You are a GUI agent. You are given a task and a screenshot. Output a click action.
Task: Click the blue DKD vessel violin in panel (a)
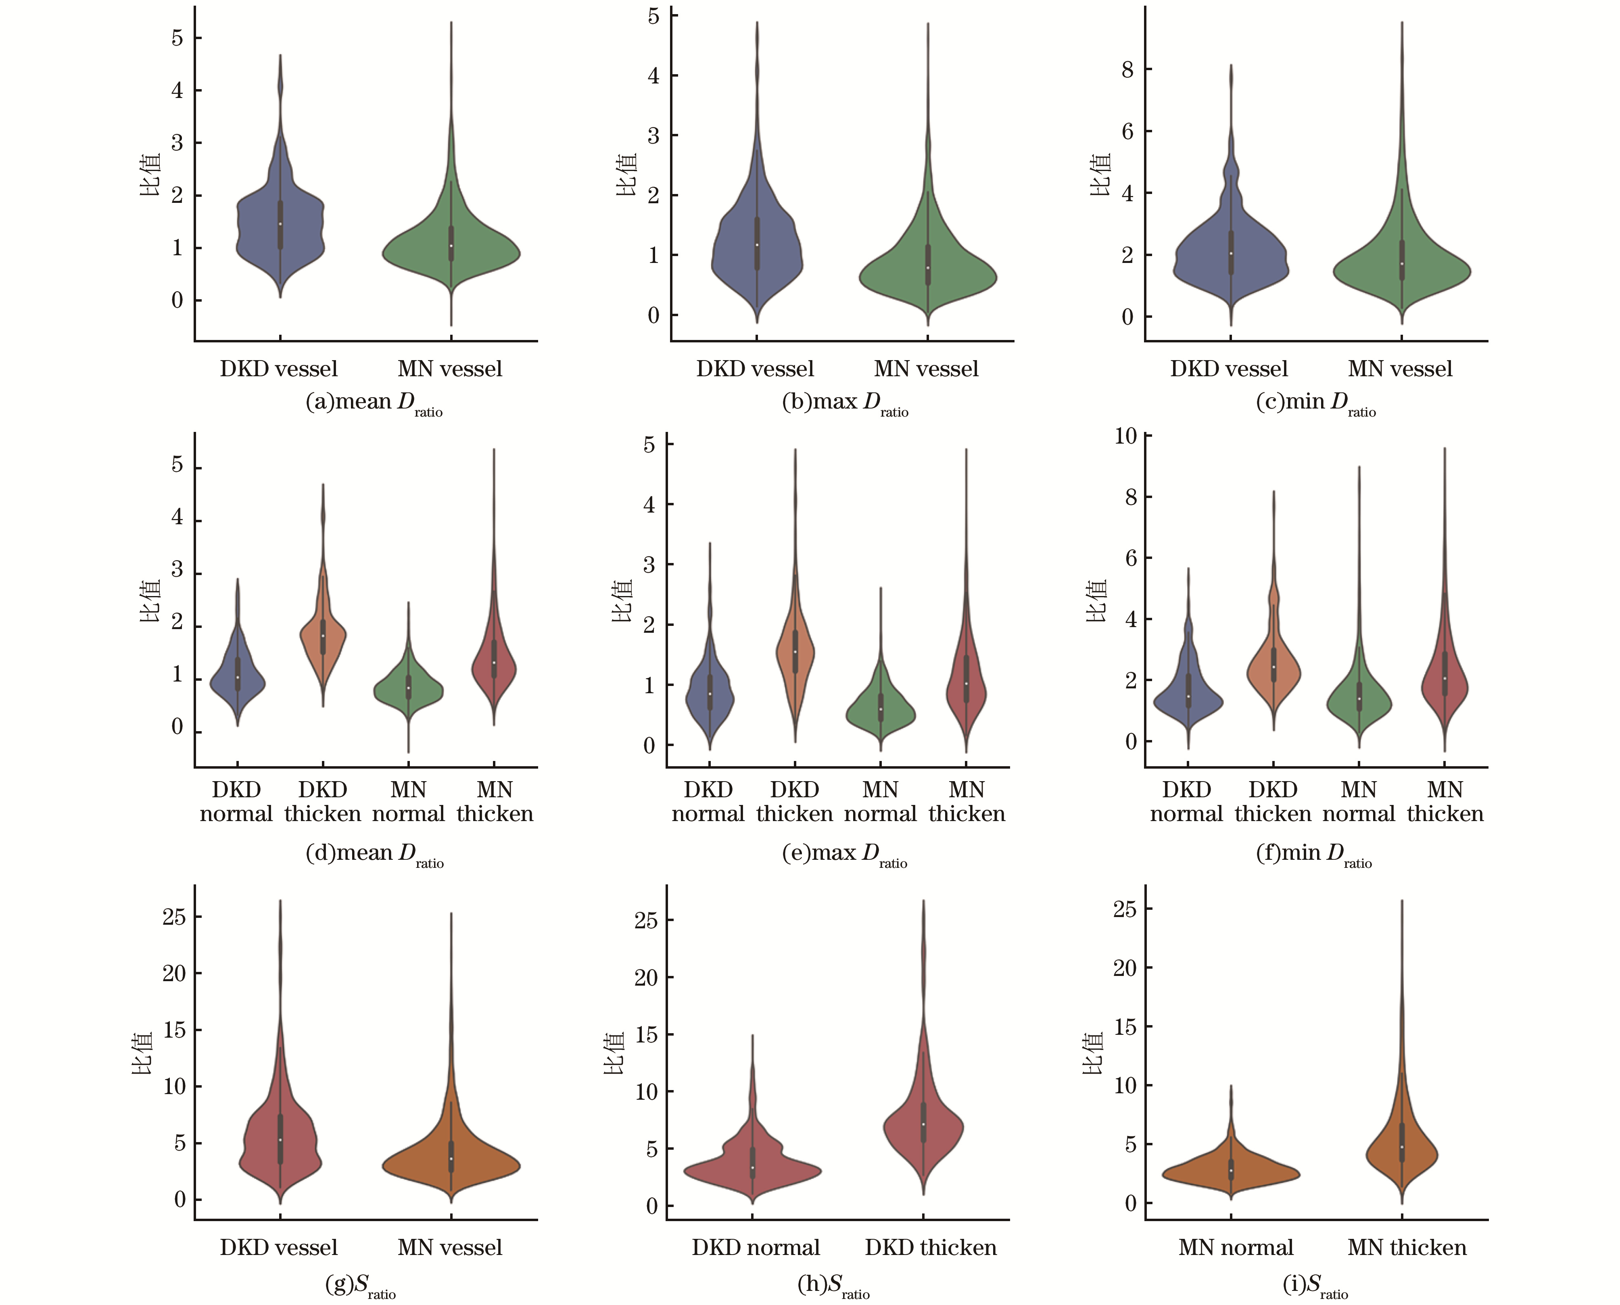280,225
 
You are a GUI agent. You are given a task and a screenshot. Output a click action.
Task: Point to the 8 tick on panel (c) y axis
1127,69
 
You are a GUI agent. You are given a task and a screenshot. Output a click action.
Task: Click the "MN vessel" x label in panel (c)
1400,369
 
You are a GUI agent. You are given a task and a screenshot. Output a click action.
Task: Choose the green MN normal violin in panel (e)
880,711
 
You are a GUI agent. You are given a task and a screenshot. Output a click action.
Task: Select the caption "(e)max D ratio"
844,855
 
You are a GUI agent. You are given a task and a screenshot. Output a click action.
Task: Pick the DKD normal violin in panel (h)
752,1169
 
